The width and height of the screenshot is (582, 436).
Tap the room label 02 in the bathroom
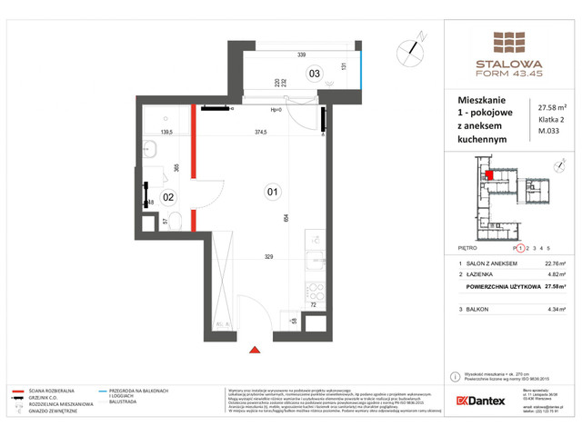pos(168,196)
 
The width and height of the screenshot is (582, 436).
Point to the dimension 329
pos(270,258)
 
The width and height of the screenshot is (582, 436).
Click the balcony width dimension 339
pos(301,55)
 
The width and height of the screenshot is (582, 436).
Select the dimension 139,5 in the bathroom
pos(166,133)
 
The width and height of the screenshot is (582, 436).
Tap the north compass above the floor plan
pos(414,45)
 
